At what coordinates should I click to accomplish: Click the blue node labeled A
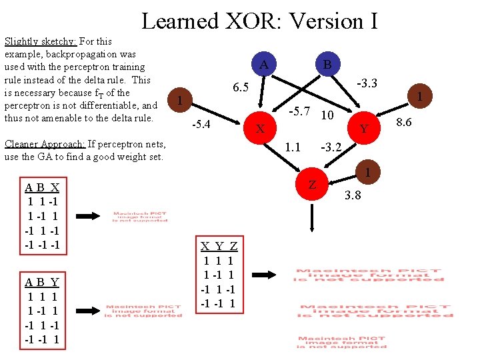pos(264,65)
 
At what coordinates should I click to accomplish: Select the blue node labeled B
pos(327,65)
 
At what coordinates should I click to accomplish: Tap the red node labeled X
pos(261,127)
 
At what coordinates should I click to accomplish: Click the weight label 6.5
pos(240,88)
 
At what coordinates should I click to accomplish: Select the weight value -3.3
pos(367,83)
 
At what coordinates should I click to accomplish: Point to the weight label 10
pos(327,115)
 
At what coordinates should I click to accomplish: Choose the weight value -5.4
pos(201,124)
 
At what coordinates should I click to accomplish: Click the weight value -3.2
pos(331,147)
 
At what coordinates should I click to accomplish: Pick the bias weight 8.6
pos(404,122)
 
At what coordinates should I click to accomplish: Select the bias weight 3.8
pos(354,196)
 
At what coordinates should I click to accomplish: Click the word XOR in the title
pos(245,21)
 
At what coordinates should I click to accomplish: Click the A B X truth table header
pos(42,187)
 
